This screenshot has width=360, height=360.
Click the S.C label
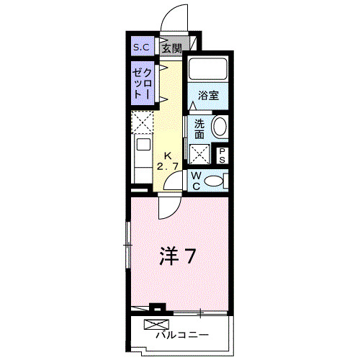pyautogui.click(x=140, y=48)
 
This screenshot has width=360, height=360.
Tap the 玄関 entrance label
pyautogui.click(x=171, y=48)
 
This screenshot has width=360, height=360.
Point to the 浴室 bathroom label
pyautogui.click(x=209, y=95)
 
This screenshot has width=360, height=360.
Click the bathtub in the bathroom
pyautogui.click(x=208, y=71)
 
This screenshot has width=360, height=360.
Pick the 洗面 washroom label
pyautogui.click(x=199, y=128)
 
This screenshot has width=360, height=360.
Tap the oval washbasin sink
pyautogui.click(x=219, y=128)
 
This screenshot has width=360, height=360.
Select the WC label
pyautogui.click(x=195, y=180)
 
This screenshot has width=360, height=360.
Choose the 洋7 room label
pyautogui.click(x=177, y=256)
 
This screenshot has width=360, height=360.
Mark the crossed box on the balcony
pyautogui.click(x=158, y=324)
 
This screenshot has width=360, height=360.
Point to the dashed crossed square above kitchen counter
pyautogui.click(x=142, y=120)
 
